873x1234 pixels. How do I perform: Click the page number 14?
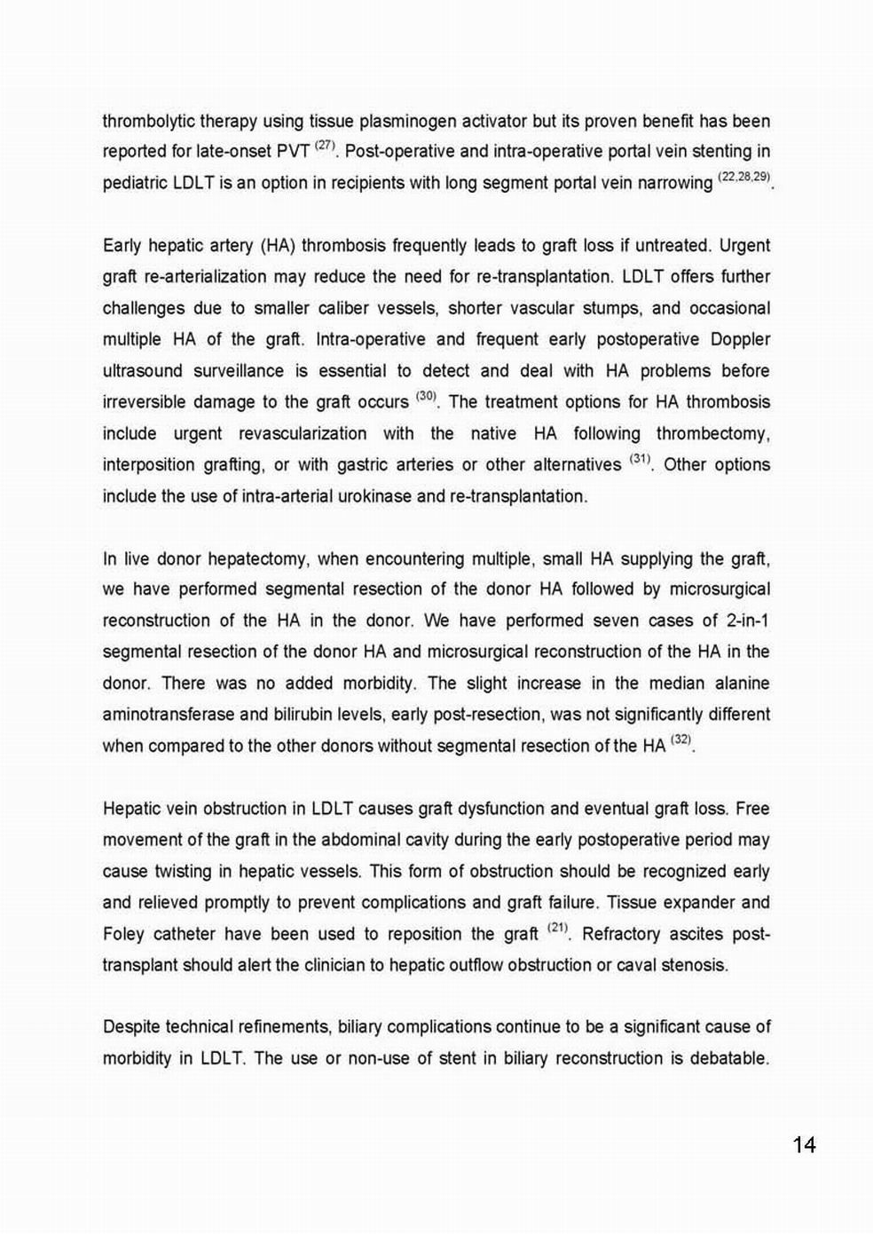click(804, 1145)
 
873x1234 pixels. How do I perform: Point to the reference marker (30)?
click(426, 396)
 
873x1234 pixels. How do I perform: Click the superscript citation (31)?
click(640, 459)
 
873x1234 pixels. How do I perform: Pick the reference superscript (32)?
click(680, 740)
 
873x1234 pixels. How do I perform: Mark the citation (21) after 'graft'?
click(557, 928)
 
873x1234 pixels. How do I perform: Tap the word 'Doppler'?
click(740, 339)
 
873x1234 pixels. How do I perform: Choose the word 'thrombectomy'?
click(712, 433)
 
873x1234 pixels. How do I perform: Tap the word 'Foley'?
click(122, 934)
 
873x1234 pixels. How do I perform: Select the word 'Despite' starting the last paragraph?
click(131, 1027)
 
